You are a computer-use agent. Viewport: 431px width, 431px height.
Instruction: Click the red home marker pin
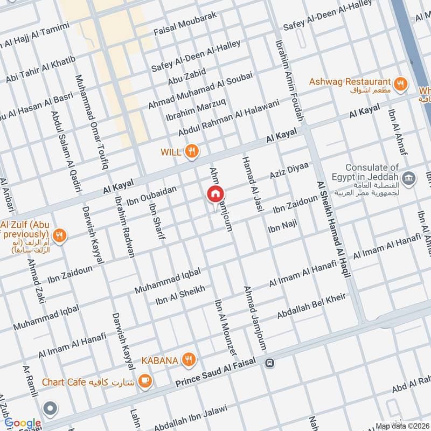pos(215,194)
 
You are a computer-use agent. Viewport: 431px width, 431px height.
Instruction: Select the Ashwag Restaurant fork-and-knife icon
pos(400,83)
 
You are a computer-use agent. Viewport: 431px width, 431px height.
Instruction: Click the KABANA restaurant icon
pos(188,360)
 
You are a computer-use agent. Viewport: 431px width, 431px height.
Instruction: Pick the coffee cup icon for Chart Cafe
pos(144,381)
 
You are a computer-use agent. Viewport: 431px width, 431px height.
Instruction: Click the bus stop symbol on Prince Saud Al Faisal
pos(269,364)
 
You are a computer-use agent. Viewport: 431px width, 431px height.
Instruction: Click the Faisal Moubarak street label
pos(185,24)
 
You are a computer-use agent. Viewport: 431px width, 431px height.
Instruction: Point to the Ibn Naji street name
pos(282,225)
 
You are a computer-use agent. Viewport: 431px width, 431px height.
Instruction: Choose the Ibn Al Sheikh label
pos(180,295)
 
